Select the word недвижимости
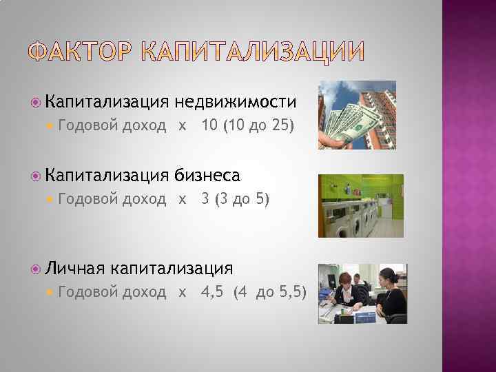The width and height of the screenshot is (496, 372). [x=236, y=102]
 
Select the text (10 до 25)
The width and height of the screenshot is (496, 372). [x=259, y=126]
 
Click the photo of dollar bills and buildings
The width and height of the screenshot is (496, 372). [x=357, y=115]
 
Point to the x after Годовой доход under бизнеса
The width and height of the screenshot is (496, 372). [x=182, y=200]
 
